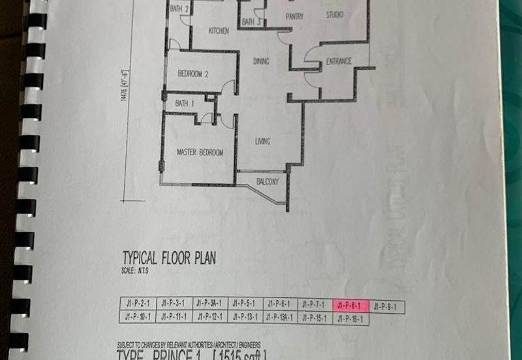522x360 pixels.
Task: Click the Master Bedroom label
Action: point(200,153)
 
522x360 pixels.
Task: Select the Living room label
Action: point(263,142)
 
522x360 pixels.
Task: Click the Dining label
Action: point(261,61)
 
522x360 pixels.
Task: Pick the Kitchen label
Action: point(218,31)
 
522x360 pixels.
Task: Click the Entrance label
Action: point(339,62)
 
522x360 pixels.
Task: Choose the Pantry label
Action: point(294,17)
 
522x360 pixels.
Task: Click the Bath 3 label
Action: point(251,22)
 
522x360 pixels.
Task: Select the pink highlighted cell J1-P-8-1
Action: point(351,305)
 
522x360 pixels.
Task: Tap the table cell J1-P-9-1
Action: point(386,306)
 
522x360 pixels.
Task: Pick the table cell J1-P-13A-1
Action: point(281,318)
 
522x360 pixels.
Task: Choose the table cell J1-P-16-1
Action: point(351,318)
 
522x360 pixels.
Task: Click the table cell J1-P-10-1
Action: point(137,317)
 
